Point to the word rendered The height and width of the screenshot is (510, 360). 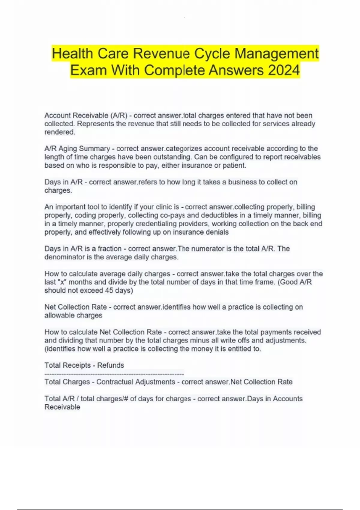59,132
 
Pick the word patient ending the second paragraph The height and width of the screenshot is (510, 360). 234,166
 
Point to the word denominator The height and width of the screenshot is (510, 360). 64,257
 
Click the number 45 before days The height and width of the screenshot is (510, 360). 109,290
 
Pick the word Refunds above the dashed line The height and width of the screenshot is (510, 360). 110,365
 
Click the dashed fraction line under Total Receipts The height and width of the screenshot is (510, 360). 114,374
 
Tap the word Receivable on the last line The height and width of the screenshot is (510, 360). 62,407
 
